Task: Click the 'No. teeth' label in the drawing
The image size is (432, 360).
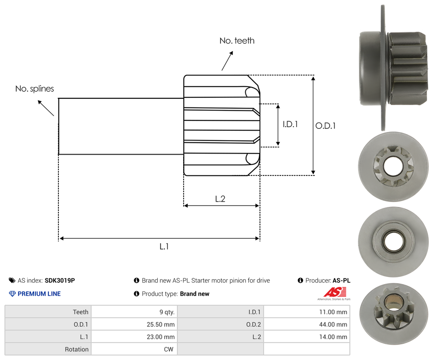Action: [237, 41]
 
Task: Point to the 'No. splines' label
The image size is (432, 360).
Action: [35, 89]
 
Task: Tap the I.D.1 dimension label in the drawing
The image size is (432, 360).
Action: [290, 124]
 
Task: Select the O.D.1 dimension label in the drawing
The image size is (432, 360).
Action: [325, 126]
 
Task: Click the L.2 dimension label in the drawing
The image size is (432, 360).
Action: [220, 199]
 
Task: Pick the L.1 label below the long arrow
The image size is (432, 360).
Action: [164, 246]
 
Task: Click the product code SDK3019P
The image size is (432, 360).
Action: [60, 281]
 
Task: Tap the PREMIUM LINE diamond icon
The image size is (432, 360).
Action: [12, 294]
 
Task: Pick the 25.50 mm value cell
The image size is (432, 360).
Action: [163, 324]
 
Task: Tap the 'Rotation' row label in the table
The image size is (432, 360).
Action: [77, 349]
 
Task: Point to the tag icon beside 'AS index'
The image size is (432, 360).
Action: [12, 281]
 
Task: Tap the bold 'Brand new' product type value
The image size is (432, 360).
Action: [194, 294]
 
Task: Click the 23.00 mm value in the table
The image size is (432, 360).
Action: [163, 337]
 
